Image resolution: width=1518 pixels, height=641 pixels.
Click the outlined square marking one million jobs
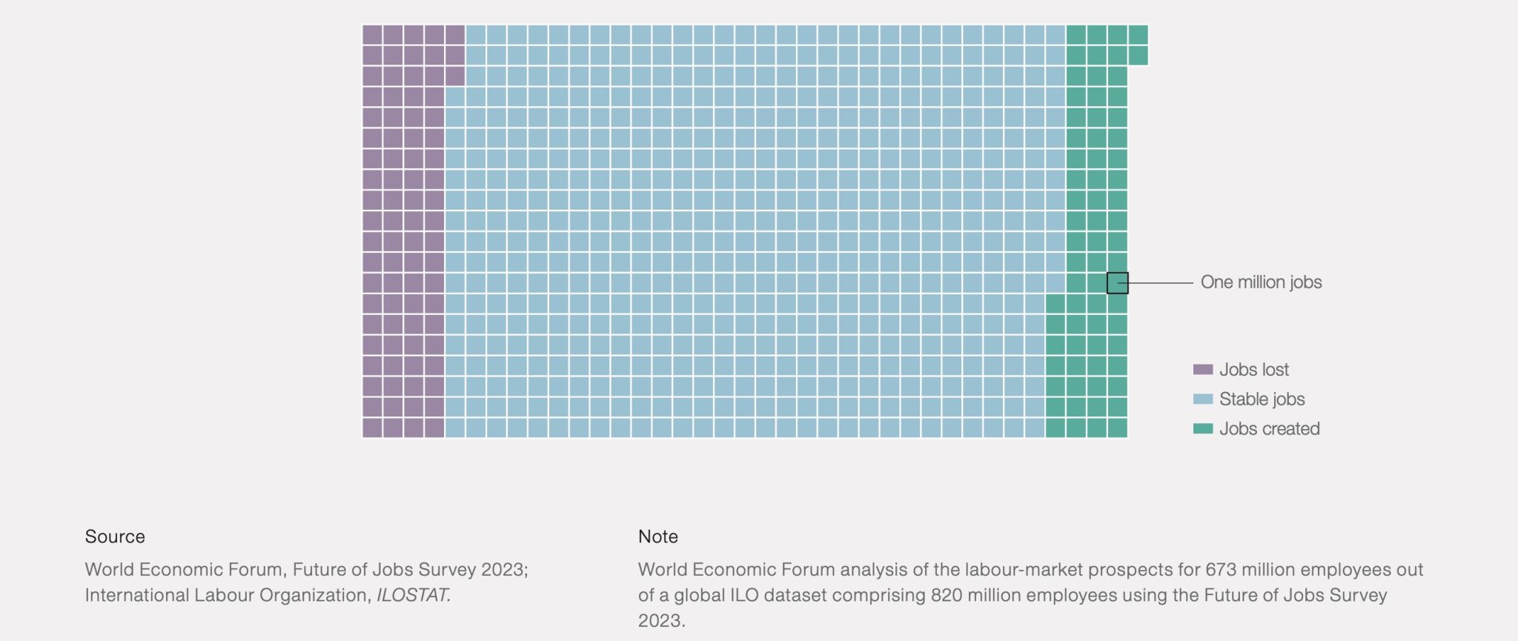(1117, 283)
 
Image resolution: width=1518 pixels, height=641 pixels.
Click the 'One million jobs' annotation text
(1261, 282)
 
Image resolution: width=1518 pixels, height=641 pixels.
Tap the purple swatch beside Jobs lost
(1202, 369)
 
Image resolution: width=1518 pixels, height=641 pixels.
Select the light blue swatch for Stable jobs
(1202, 399)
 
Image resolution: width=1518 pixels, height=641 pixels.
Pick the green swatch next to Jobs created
(1202, 428)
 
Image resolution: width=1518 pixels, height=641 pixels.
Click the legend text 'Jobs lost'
(1253, 369)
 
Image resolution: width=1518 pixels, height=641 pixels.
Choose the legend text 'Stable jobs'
(1262, 399)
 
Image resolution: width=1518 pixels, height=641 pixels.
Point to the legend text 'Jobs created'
(1269, 428)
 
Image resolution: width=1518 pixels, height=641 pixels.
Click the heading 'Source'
(115, 537)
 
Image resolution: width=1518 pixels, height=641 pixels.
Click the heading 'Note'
(657, 537)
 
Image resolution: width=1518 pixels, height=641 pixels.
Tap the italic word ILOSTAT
(413, 595)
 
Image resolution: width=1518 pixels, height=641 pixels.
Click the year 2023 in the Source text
(503, 569)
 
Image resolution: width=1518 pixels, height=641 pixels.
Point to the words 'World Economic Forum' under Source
(183, 569)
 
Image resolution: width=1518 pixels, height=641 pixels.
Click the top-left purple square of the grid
(372, 35)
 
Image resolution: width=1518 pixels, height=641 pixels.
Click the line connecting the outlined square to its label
(1161, 283)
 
